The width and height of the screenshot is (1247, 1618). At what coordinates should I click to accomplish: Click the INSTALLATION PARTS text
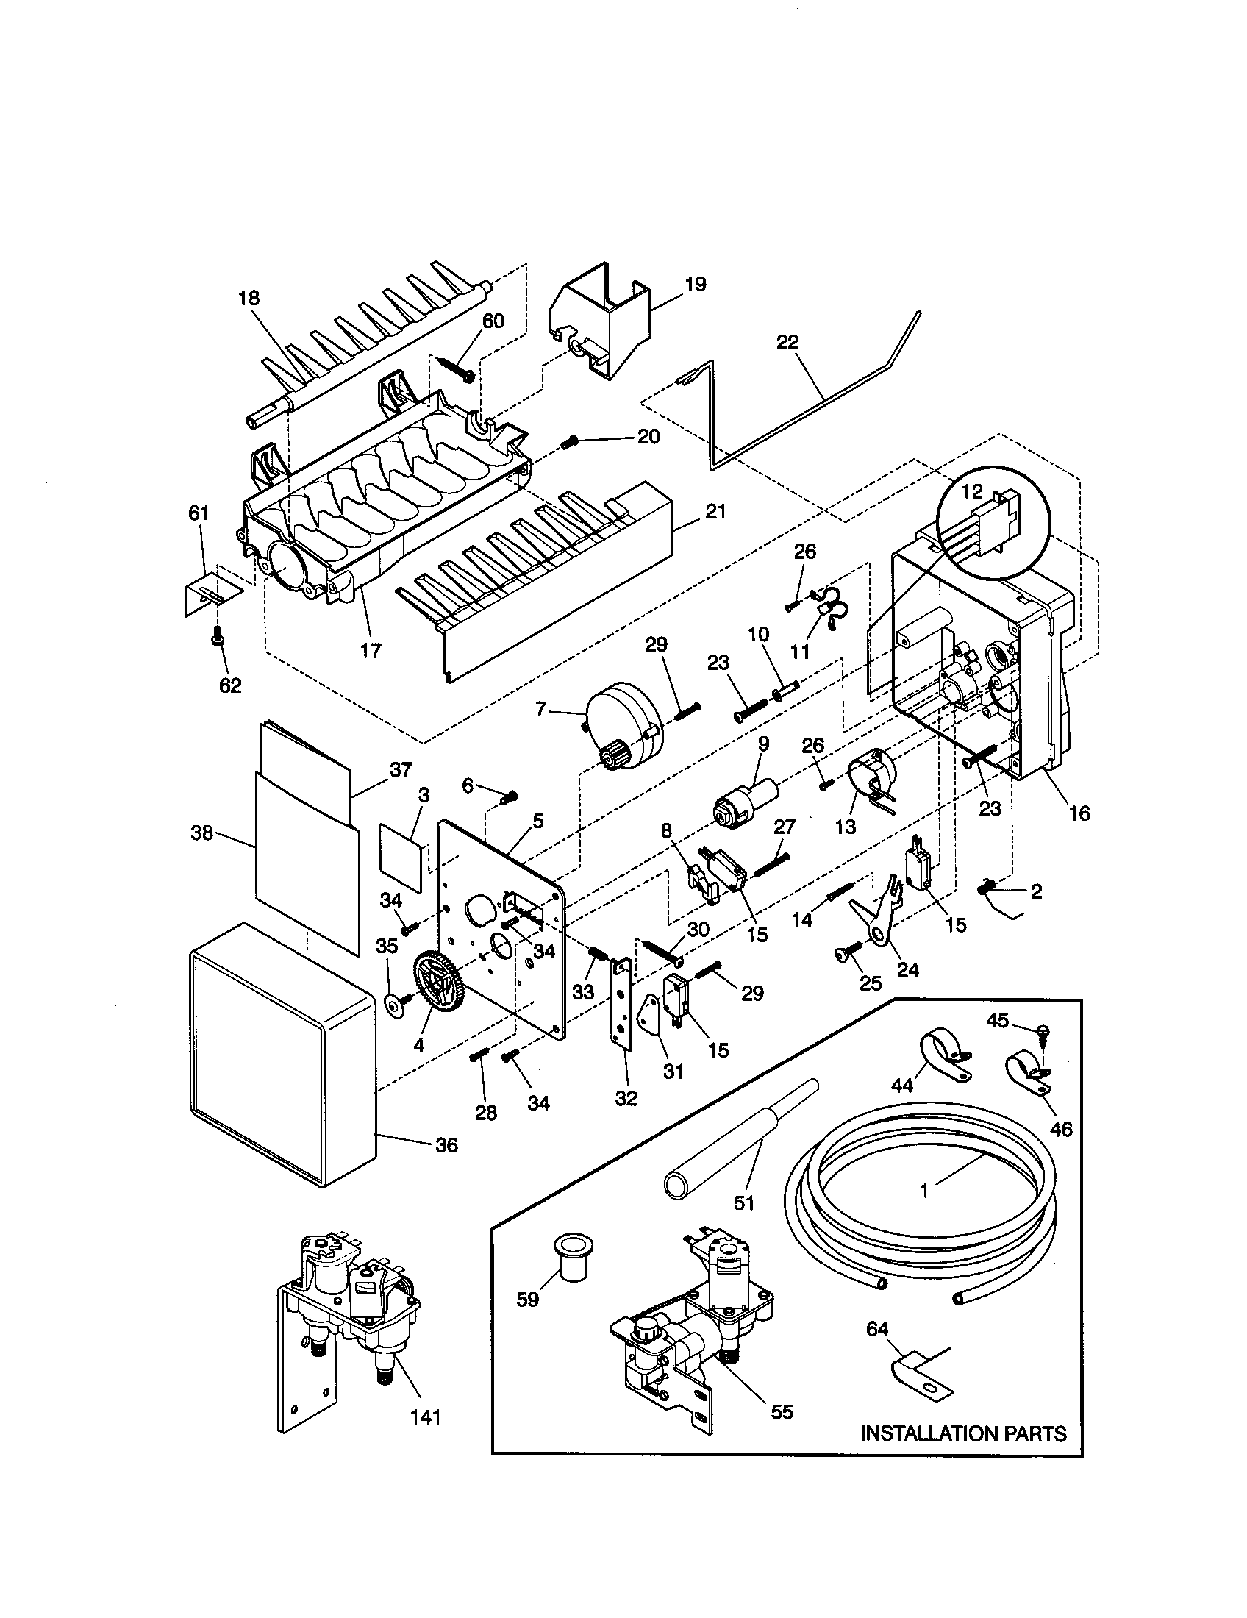(962, 1433)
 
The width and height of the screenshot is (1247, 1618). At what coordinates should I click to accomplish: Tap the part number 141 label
(425, 1416)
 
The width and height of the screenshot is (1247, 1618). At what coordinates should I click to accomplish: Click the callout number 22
(787, 341)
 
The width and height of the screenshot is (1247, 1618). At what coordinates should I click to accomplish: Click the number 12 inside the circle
(971, 491)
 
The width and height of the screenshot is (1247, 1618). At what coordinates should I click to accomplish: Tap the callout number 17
(371, 650)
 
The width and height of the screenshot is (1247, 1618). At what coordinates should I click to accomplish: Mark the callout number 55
(782, 1412)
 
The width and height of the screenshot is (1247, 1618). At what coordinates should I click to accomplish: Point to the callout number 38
(201, 833)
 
